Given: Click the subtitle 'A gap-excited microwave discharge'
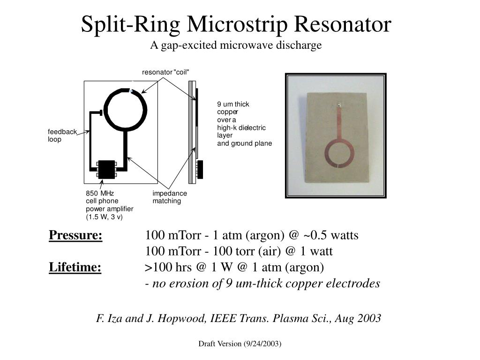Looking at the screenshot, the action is [x=236, y=45].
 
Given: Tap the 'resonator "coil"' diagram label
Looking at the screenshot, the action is [x=165, y=72].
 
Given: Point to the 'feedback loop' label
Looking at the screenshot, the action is [x=62, y=135].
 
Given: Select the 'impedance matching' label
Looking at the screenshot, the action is [x=170, y=197].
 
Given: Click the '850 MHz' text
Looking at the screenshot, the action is [x=100, y=194].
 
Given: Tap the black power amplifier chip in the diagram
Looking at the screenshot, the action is [x=107, y=169].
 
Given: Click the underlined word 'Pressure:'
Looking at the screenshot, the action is [x=75, y=235].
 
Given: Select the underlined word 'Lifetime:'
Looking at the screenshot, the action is [x=75, y=267].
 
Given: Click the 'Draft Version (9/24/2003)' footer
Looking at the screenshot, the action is [x=240, y=344].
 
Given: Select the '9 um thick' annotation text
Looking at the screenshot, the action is [x=233, y=104].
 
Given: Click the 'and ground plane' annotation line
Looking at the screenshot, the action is [x=244, y=143].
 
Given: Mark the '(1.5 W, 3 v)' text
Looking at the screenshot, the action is [x=104, y=217].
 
